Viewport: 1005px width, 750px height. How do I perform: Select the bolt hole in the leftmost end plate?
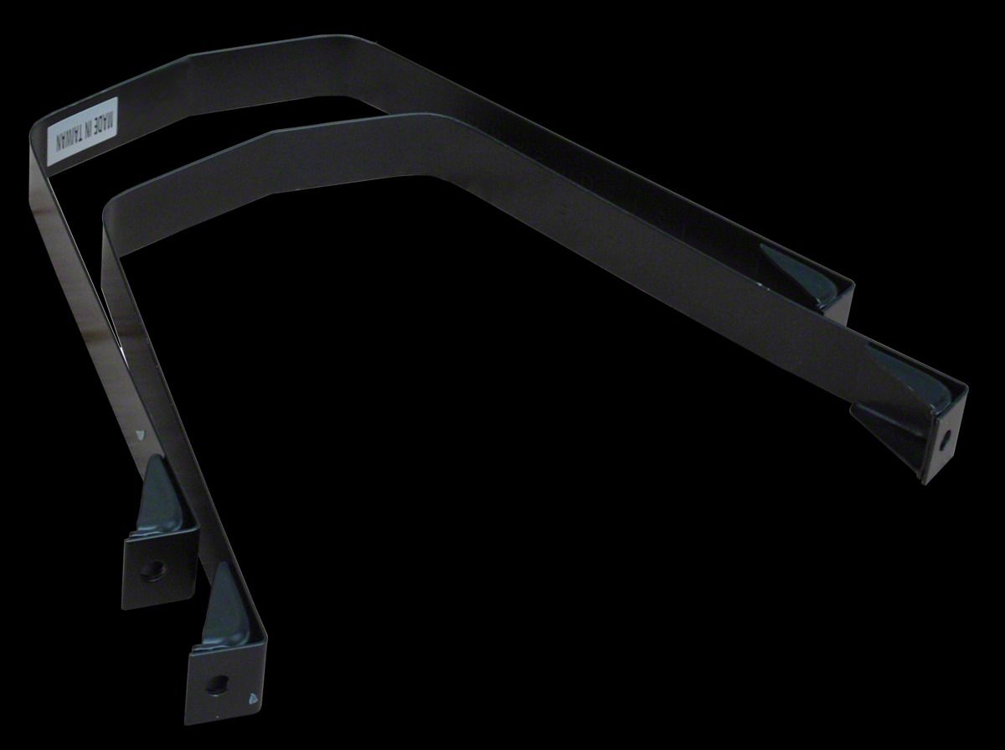click(x=150, y=572)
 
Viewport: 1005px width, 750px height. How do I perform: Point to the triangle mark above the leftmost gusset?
click(x=139, y=433)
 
